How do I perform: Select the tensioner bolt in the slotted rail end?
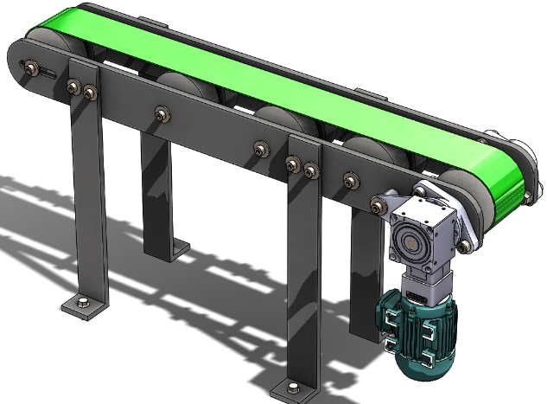(32, 68)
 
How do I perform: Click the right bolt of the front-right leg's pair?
(310, 171)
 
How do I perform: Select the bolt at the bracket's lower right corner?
(464, 247)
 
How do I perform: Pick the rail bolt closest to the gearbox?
(378, 204)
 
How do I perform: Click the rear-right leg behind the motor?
(364, 277)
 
